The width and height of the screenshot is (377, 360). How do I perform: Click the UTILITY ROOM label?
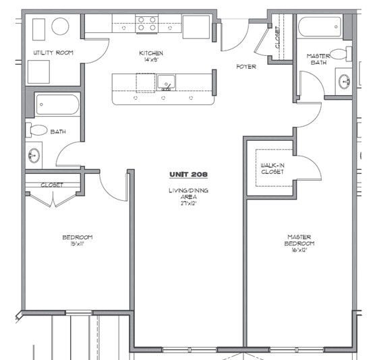(x=53, y=53)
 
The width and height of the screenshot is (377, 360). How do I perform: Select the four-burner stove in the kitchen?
(x=147, y=25)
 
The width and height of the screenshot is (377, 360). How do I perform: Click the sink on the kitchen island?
(x=166, y=83)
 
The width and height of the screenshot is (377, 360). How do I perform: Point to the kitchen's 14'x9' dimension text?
(x=151, y=60)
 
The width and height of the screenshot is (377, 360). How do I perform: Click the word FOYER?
(x=245, y=67)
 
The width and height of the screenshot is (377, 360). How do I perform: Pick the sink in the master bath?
(x=345, y=82)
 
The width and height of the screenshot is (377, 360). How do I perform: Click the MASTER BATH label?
(x=317, y=59)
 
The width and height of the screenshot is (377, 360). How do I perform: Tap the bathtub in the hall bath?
(x=57, y=104)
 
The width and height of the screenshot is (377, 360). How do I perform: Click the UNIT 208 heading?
(x=188, y=175)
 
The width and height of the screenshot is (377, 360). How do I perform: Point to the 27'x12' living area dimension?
(x=188, y=202)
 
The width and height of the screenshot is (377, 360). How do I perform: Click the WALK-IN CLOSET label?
(x=272, y=168)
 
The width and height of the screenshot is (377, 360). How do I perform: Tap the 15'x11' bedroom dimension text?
(x=77, y=244)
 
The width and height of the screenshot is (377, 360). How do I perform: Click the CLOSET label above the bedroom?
(x=52, y=185)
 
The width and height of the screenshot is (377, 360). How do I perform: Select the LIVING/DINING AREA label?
(x=188, y=193)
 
